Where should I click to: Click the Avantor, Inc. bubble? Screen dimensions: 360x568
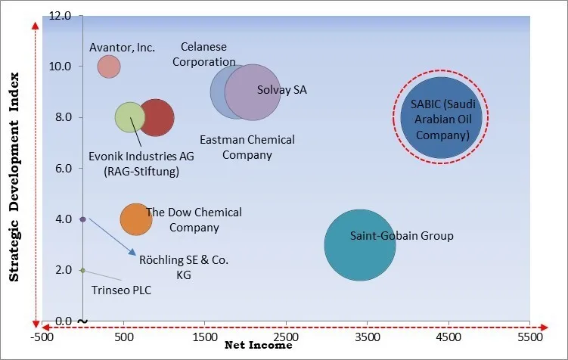coord(109,67)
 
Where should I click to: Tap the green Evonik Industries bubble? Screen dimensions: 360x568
coord(129,117)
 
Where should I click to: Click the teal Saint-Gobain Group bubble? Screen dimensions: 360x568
coord(360,245)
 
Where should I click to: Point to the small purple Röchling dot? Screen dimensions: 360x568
coord(82,219)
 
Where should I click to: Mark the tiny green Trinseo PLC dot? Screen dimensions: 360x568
coord(82,270)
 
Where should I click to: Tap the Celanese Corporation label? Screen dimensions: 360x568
coord(204,54)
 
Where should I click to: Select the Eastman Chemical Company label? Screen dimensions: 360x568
coord(247,147)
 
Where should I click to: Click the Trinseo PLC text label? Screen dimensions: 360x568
coord(122,289)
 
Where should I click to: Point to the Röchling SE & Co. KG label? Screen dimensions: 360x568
coord(184,267)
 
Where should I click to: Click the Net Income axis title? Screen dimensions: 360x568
coord(259,346)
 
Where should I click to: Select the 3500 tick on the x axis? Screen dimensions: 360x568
coord(367,335)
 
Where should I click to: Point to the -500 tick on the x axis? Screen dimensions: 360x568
coord(42,335)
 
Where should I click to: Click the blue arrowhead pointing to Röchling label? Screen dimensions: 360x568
coord(133,253)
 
